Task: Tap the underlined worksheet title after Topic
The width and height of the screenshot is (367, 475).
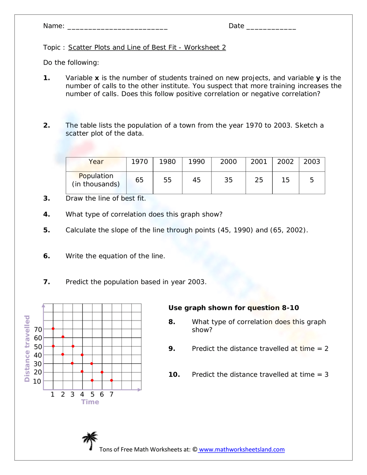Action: [x=147, y=47]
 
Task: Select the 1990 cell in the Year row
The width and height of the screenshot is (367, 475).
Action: [x=196, y=162]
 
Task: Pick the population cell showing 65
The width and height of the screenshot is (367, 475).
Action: [x=139, y=180]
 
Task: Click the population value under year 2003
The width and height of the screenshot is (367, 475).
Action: [x=312, y=180]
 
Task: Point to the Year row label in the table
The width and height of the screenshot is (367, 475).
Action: [x=96, y=162]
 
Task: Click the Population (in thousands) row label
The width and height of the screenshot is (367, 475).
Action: [x=96, y=180]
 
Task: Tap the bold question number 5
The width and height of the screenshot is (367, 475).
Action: [x=47, y=230]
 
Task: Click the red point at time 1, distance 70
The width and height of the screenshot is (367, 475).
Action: [x=53, y=329]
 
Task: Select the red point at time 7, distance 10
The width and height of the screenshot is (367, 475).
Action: [x=112, y=380]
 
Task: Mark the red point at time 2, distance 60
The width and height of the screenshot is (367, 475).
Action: [x=63, y=337]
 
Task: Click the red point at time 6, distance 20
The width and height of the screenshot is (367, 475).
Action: [x=102, y=372]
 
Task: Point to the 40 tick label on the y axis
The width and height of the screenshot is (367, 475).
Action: [x=38, y=355]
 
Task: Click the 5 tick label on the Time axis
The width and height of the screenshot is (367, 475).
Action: [x=92, y=394]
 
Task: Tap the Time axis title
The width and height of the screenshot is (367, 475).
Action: [x=90, y=402]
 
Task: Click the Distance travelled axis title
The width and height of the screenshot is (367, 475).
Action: [x=27, y=348]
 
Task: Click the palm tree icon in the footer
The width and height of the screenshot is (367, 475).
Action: [x=90, y=440]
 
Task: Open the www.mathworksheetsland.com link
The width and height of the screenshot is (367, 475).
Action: [x=241, y=450]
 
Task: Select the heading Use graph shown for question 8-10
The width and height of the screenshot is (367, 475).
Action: [x=233, y=308]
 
